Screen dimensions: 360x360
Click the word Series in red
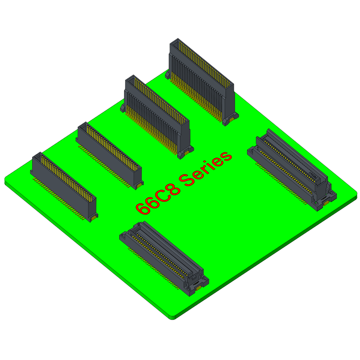(x=206, y=169)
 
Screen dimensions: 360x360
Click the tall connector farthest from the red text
(x=202, y=82)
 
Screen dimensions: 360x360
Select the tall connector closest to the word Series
(x=157, y=117)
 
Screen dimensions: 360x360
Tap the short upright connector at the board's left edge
(x=64, y=187)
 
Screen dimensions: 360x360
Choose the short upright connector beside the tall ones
(x=110, y=156)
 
